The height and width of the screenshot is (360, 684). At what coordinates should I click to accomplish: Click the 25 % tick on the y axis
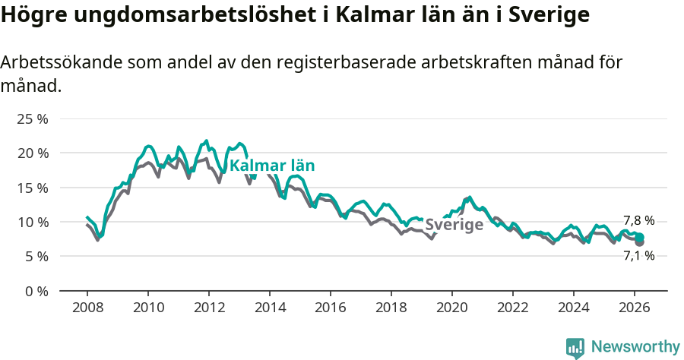33,118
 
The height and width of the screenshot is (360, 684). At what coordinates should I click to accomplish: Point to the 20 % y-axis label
33,153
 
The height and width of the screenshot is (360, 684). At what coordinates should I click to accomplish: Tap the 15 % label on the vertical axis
33,188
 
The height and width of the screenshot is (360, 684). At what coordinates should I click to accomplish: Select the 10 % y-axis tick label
33,222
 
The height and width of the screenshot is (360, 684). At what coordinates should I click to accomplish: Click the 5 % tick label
36,257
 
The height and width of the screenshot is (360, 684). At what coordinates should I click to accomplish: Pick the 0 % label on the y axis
36,291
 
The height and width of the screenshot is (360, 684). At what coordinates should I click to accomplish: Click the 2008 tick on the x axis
87,308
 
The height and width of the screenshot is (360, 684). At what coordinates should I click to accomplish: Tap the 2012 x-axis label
209,308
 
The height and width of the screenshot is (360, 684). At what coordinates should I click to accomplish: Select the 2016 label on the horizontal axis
331,308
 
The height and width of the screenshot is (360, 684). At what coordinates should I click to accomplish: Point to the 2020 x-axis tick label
452,308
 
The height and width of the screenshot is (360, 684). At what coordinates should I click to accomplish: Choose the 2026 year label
635,308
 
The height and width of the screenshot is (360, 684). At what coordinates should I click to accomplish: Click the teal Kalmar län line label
272,166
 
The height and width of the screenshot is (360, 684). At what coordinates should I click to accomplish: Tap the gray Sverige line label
454,225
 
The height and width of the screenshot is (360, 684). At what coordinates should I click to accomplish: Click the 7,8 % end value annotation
638,220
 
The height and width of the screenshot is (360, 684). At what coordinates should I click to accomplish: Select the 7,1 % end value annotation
638,256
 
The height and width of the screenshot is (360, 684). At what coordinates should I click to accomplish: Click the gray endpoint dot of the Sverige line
640,242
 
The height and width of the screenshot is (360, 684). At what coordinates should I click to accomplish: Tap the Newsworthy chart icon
575,348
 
